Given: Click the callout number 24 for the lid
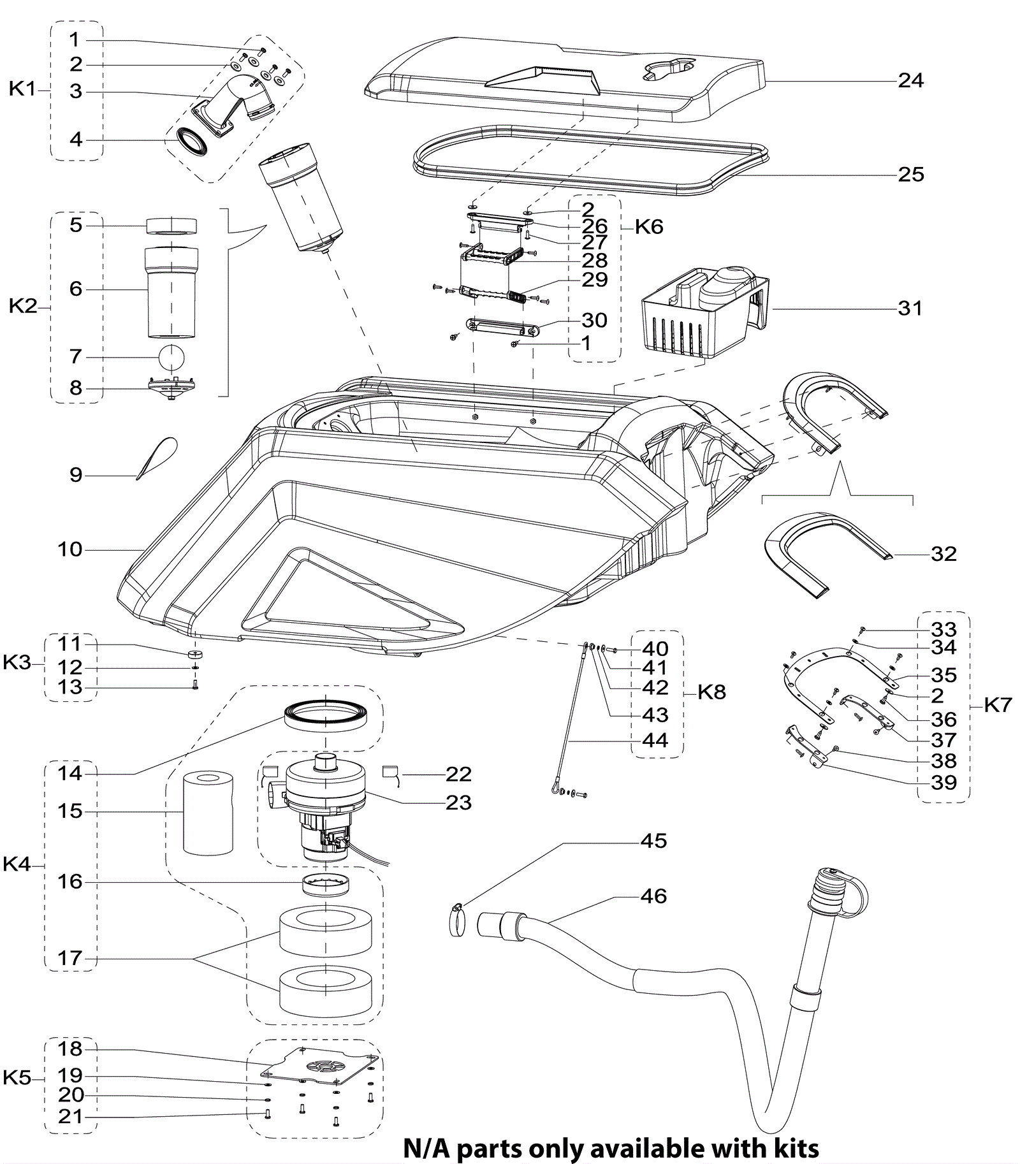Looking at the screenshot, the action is point(910,81).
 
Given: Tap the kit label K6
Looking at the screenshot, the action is point(649,226).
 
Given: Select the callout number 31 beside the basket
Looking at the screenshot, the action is point(910,309).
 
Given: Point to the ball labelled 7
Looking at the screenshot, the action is point(171,358).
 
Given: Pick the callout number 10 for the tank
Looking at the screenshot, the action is point(70,549).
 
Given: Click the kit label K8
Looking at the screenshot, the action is point(711,692).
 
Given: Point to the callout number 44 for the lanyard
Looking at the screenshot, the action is point(655,740).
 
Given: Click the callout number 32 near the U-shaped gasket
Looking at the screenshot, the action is point(943,553).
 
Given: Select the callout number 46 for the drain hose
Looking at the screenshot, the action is point(653,896).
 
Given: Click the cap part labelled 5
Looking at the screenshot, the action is point(171,226).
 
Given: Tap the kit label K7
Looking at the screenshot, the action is point(998,704).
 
